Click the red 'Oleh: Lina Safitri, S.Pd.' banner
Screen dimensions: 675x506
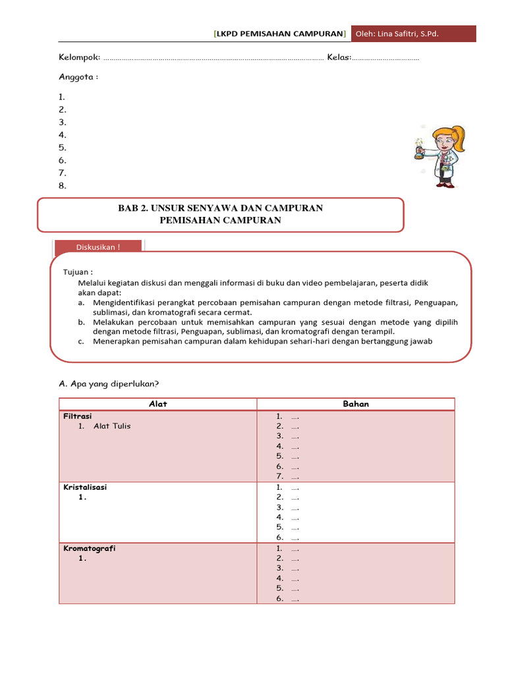coord(413,34)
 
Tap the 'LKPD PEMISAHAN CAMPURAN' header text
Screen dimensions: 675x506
coord(279,34)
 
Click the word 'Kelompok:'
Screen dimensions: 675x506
coord(80,57)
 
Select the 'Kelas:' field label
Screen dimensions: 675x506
coord(339,57)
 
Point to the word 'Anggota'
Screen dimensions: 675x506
coord(77,76)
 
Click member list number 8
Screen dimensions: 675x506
coord(63,186)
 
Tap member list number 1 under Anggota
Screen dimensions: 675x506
coord(62,98)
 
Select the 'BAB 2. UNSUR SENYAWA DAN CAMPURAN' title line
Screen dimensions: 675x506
coord(220,208)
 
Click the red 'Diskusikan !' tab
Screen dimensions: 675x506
coord(98,247)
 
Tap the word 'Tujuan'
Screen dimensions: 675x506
coord(76,272)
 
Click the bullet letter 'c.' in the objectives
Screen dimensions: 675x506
coord(80,342)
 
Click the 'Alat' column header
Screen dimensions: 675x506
coord(158,404)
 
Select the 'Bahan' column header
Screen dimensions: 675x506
coord(356,404)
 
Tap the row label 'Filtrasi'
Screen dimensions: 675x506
coord(77,416)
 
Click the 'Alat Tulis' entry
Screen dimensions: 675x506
coord(112,426)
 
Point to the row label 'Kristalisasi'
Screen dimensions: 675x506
coord(85,487)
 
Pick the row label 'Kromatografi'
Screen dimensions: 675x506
coord(89,548)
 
